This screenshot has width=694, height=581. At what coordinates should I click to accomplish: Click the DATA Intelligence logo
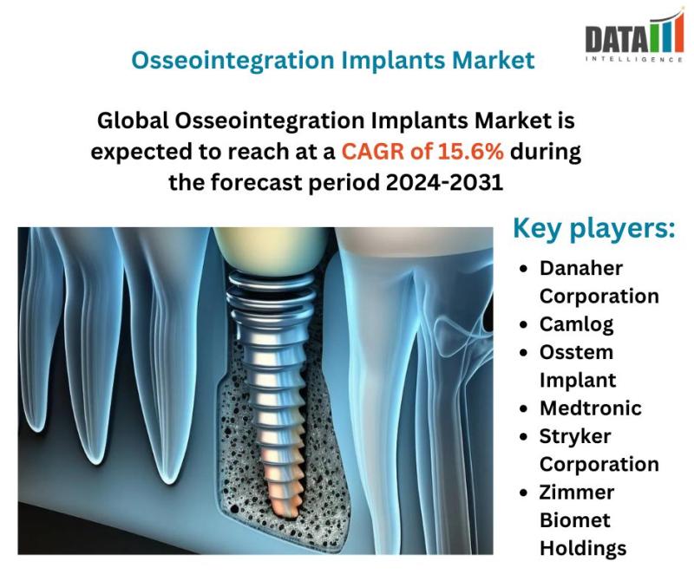(633, 36)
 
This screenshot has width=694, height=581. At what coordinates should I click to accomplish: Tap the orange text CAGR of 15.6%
(422, 152)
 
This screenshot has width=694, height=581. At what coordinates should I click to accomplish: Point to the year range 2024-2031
(444, 182)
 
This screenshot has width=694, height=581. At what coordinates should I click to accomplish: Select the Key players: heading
(594, 229)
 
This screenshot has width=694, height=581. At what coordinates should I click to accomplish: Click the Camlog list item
(576, 325)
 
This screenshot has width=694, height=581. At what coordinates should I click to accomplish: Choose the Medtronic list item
(591, 408)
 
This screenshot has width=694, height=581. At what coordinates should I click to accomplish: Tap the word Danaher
(580, 268)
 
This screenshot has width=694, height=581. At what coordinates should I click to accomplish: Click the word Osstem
(576, 352)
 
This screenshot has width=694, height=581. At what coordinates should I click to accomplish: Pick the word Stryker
(575, 437)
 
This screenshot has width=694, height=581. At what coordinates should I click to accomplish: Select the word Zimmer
(577, 492)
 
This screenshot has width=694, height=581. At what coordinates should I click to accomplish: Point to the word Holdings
(583, 549)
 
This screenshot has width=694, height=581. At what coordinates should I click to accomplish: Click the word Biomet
(575, 520)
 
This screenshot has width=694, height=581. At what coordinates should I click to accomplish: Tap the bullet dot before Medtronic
(524, 408)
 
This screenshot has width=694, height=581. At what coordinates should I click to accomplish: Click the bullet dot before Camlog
(524, 324)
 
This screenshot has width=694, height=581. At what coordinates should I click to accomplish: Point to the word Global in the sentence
(133, 121)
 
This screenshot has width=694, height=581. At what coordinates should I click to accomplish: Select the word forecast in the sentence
(256, 182)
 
